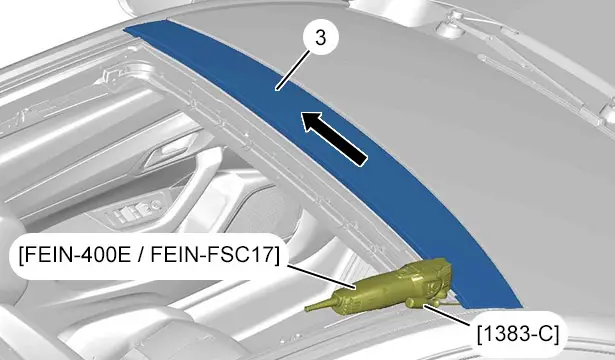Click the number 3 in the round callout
pos(320,38)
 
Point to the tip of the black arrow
pos(301,113)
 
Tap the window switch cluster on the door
pos(136,212)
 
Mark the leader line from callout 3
pos(293,70)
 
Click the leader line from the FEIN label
pos(322,277)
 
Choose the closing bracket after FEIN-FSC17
pos(277,255)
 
